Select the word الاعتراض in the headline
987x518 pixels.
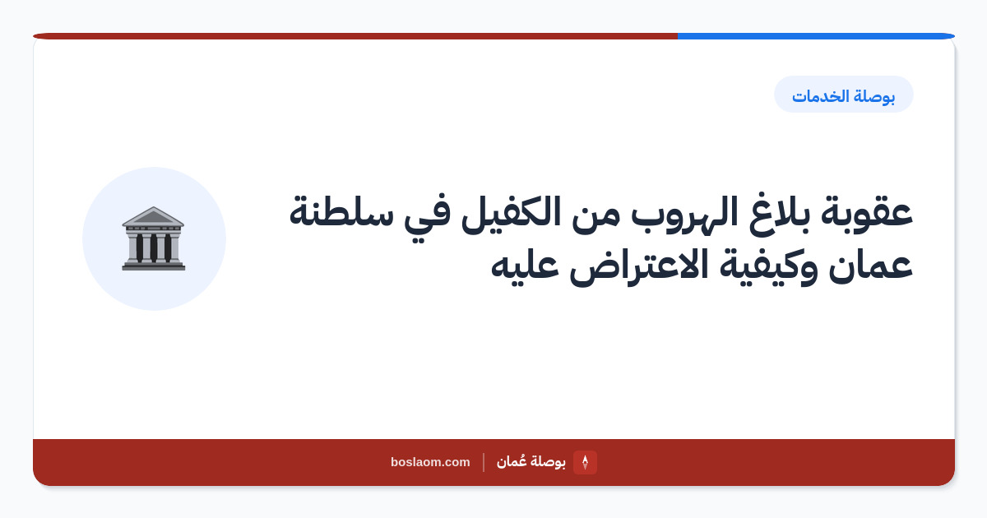click(638, 266)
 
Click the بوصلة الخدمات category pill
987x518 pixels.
click(843, 95)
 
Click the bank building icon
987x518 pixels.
click(153, 238)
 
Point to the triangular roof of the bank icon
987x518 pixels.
click(153, 216)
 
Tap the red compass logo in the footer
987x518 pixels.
click(585, 462)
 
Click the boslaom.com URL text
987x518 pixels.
click(430, 462)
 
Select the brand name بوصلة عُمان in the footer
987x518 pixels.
click(531, 461)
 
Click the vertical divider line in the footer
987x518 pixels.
click(484, 462)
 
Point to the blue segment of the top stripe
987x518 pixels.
click(816, 36)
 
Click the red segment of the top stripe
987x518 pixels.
click(355, 36)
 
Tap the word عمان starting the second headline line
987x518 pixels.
click(870, 266)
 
